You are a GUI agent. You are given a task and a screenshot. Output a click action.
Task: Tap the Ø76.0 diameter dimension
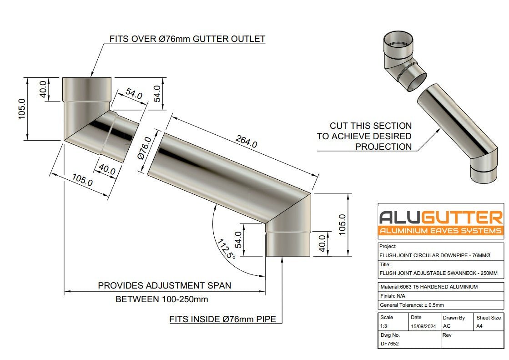point(145,148)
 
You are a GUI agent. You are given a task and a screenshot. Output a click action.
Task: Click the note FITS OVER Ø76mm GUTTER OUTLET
point(187,39)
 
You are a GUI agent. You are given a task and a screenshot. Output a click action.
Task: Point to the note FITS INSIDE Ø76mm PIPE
point(222,319)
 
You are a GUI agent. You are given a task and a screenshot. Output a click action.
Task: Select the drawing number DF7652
point(390,344)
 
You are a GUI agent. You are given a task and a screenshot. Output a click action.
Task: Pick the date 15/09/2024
point(423,326)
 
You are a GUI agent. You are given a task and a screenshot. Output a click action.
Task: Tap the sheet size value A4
point(479,326)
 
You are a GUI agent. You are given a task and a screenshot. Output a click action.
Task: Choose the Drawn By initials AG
point(447,326)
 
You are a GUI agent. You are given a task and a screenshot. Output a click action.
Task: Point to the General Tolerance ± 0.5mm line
point(412,305)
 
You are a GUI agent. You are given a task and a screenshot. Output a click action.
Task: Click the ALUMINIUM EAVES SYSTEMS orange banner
point(441,231)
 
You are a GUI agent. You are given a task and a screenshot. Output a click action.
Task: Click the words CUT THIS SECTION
point(370,126)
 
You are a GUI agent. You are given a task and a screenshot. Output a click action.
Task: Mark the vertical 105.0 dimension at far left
point(22,109)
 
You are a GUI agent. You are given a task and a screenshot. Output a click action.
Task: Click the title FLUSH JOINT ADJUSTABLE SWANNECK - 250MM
point(435,274)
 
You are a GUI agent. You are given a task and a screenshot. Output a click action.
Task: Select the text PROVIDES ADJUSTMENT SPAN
point(164,285)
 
